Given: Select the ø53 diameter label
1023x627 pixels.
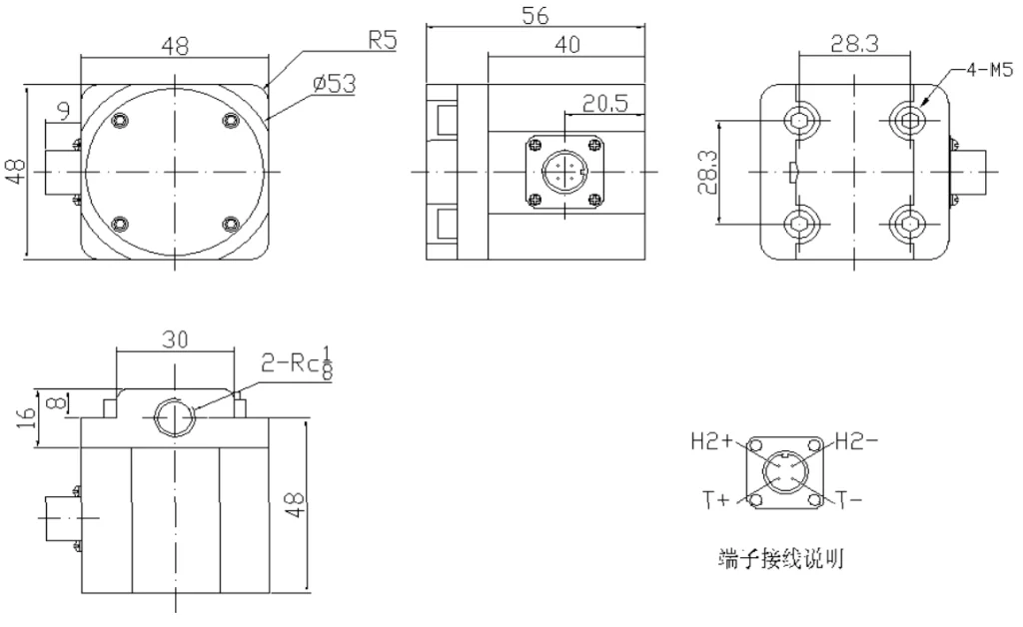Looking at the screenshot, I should coord(334,84).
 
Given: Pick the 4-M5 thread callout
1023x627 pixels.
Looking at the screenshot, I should coord(988,71).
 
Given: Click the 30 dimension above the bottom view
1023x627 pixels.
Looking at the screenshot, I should coord(175,338).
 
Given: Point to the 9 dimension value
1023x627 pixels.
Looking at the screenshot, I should coord(64,108).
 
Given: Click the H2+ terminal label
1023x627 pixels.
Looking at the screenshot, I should coord(712,440).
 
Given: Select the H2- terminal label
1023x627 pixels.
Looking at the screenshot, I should coord(857,440).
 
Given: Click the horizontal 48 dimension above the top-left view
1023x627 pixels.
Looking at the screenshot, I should coord(176,46).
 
